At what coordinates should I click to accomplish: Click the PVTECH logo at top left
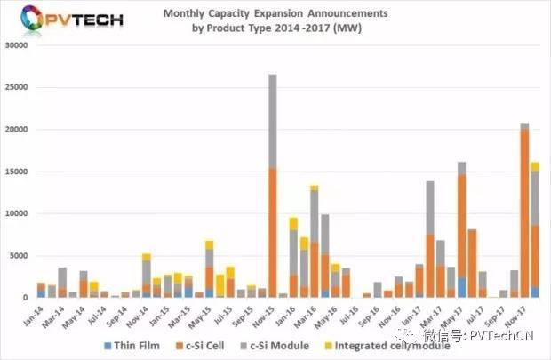pos(67,20)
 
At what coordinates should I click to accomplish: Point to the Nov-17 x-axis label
pos(523,310)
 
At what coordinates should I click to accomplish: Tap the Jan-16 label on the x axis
pos(292,310)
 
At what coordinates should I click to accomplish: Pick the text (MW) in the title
pos(349,27)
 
